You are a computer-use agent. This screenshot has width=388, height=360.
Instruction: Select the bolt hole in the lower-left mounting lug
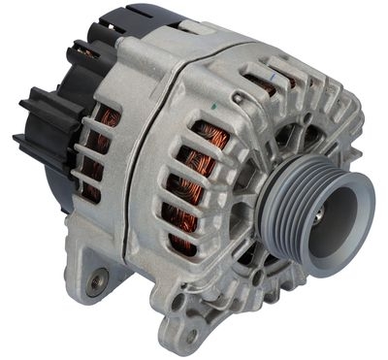(x=94, y=284)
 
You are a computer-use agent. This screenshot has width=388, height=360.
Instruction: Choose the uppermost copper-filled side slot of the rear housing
(x=107, y=119)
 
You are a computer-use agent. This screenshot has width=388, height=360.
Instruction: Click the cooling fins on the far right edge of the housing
(x=359, y=146)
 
